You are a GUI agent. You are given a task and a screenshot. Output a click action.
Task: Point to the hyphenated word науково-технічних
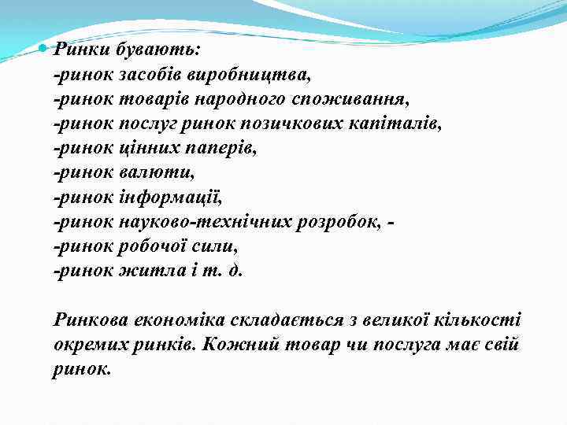pos(206,222)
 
